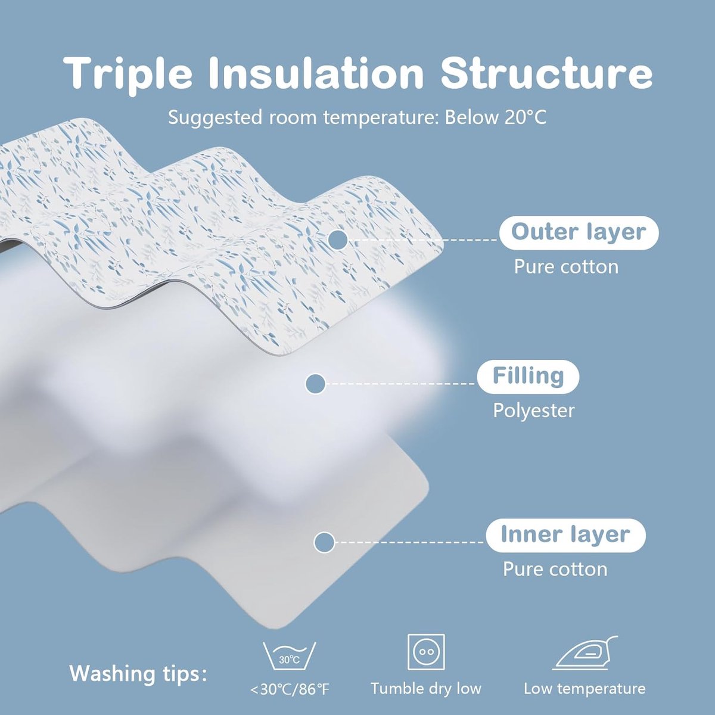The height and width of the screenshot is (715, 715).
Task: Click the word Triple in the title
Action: pyautogui.click(x=128, y=73)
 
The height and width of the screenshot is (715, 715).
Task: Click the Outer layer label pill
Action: pyautogui.click(x=579, y=233)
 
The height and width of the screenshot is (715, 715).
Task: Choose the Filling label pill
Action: pyautogui.click(x=528, y=376)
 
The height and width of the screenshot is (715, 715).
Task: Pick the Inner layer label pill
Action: pyautogui.click(x=565, y=534)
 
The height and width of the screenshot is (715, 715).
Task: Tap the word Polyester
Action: pyautogui.click(x=533, y=411)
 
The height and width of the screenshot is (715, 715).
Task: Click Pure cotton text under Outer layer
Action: pyautogui.click(x=566, y=267)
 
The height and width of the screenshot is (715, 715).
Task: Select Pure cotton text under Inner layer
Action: pyautogui.click(x=555, y=569)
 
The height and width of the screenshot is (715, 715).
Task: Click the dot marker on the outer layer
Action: pyautogui.click(x=338, y=240)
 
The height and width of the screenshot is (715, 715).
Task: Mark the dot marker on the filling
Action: pyautogui.click(x=315, y=383)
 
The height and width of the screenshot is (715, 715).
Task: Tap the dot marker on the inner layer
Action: pyautogui.click(x=324, y=542)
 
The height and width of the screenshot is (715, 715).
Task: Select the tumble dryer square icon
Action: pyautogui.click(x=426, y=652)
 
